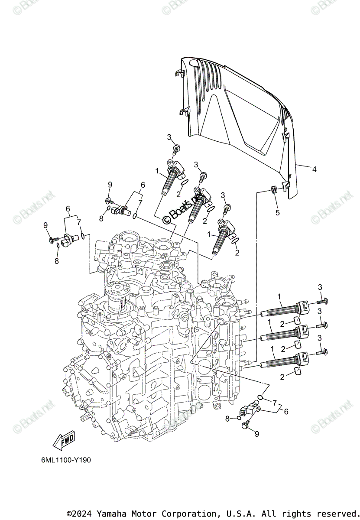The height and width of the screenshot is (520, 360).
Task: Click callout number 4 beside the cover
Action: (x=314, y=169)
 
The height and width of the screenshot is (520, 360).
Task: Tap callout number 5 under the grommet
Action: (x=278, y=212)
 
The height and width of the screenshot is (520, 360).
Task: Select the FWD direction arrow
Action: (x=63, y=440)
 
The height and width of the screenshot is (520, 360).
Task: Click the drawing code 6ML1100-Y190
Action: (x=64, y=460)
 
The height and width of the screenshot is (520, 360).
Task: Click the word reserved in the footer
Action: (x=335, y=513)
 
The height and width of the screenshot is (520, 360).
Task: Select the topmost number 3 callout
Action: (x=170, y=137)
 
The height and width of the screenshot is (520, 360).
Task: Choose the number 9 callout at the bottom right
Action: (x=256, y=434)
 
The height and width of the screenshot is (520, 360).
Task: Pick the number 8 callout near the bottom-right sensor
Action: (x=227, y=418)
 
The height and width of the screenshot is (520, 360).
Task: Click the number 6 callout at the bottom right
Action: (x=286, y=412)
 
